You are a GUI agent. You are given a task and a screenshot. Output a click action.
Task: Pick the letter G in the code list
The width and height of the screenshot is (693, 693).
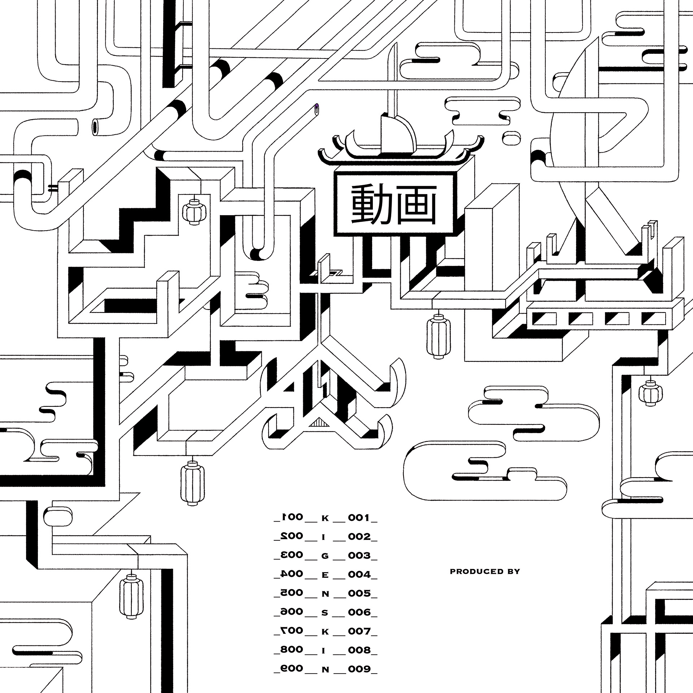pyautogui.click(x=325, y=566)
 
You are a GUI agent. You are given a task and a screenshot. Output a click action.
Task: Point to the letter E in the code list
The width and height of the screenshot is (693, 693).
pyautogui.click(x=325, y=585)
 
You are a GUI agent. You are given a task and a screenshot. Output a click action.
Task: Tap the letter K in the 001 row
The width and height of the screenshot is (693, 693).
pyautogui.click(x=325, y=519)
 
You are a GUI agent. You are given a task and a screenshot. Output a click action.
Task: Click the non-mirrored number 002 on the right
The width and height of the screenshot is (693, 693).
pyautogui.click(x=359, y=547)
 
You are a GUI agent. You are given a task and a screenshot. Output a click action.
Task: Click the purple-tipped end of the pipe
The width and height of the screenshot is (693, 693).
pyautogui.click(x=317, y=107)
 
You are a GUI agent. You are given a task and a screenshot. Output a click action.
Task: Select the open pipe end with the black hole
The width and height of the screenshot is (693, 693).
pyautogui.click(x=95, y=127)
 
